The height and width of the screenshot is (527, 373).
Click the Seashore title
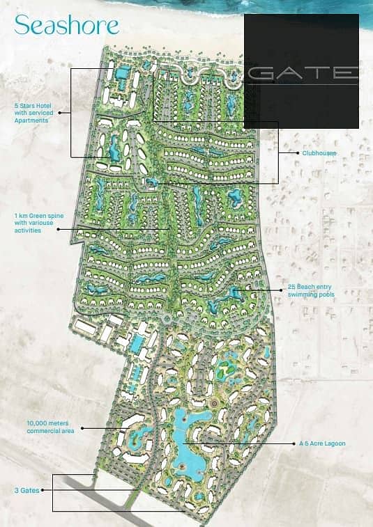66,26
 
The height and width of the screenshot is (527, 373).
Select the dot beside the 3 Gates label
43,489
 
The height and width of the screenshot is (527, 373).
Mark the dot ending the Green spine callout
169,228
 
